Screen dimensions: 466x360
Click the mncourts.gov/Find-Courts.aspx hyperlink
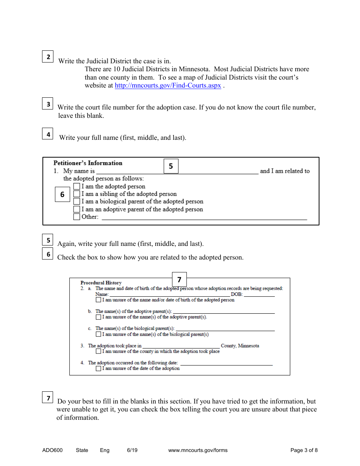[x=168, y=86]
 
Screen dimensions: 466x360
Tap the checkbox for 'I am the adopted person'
[x=77, y=186]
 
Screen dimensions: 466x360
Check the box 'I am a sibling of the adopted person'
[x=77, y=194]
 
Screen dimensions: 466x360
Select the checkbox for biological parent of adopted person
[x=77, y=202]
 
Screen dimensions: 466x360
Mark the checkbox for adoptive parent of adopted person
[x=77, y=209]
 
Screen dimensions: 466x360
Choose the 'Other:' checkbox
[x=77, y=217]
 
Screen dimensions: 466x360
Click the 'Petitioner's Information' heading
[x=88, y=163]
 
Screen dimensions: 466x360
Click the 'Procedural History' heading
[x=101, y=283]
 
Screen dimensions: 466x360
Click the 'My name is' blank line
[x=177, y=172]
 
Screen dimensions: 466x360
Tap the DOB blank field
[x=259, y=294]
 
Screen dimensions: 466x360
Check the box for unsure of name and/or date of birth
[x=99, y=300]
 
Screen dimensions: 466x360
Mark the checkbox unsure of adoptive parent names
[x=99, y=317]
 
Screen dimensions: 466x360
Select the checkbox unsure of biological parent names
[x=99, y=334]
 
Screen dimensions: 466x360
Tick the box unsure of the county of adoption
[x=99, y=351]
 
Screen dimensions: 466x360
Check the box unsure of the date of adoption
[x=99, y=368]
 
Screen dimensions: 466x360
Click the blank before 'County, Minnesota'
[x=181, y=346]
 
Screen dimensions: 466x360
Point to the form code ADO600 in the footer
[x=53, y=450]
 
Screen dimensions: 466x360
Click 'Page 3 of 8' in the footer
[x=304, y=450]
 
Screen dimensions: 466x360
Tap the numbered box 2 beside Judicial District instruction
[x=48, y=57]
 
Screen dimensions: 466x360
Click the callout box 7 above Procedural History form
[x=179, y=280]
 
